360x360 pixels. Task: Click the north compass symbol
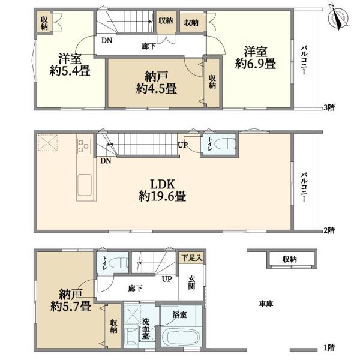338,18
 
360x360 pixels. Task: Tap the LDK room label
163,184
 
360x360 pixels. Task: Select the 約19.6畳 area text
162,196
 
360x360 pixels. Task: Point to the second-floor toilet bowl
225,144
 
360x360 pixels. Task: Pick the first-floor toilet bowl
118,263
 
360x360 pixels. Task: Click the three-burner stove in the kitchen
84,146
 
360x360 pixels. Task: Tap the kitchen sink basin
85,185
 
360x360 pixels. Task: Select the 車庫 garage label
266,304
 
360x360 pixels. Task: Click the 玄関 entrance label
191,283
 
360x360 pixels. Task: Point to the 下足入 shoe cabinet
192,258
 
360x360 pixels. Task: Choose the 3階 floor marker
329,107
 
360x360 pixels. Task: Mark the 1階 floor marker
329,348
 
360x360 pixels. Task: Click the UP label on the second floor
183,145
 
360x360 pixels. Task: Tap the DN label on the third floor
107,41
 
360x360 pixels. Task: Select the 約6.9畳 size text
256,64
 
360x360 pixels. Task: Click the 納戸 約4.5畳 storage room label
157,83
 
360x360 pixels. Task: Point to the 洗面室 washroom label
145,328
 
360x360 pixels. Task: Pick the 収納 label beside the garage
290,259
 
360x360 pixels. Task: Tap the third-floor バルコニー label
304,60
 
